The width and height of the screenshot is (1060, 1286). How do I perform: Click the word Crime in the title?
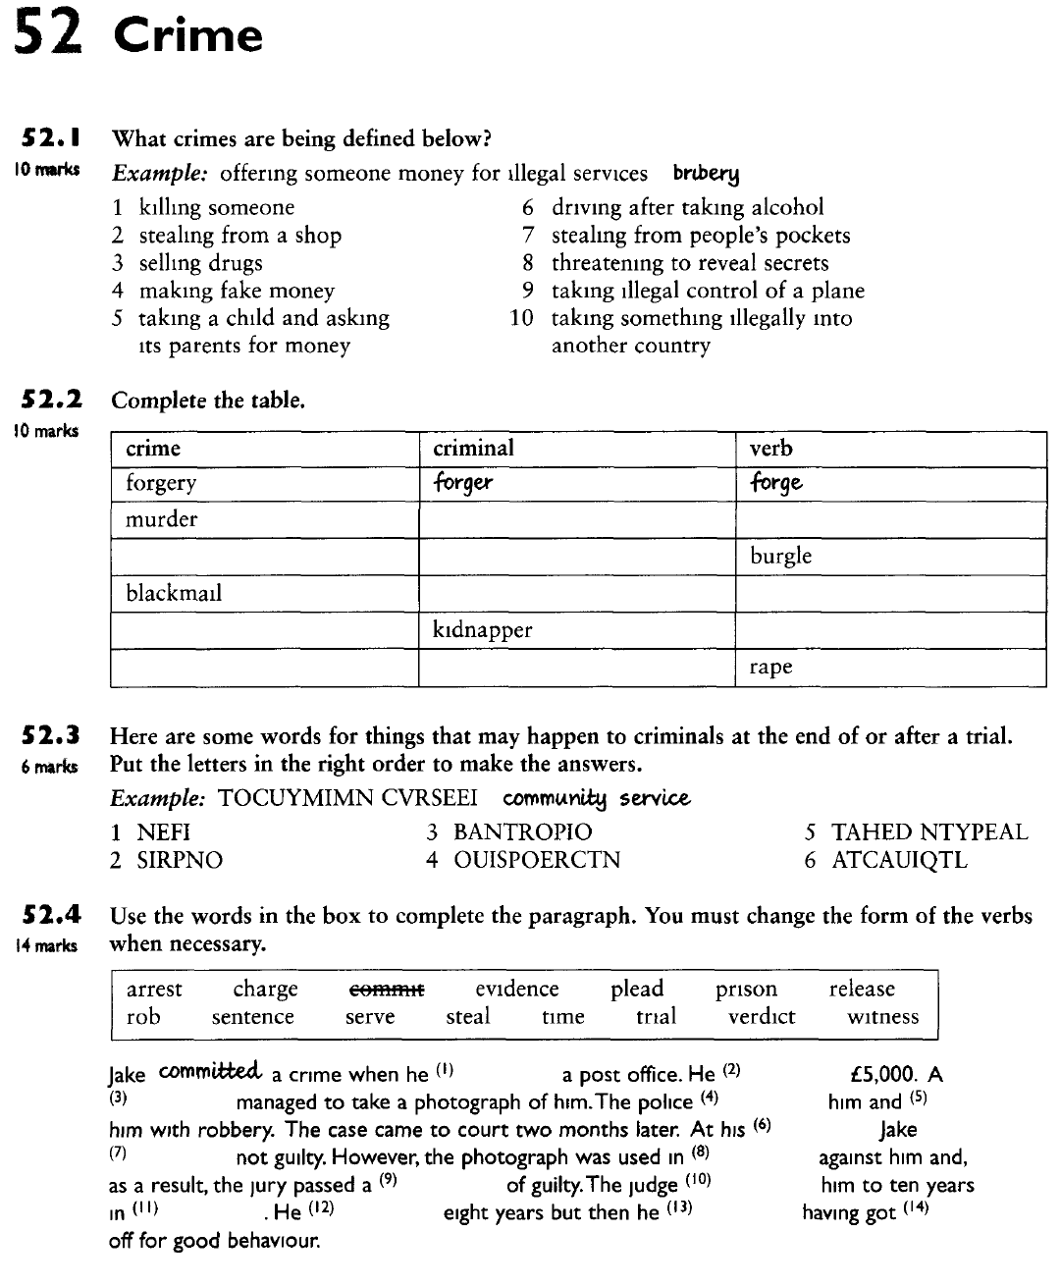point(188,35)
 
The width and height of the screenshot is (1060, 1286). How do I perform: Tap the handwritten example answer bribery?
point(706,174)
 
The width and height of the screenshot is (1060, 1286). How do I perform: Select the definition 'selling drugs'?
point(200,263)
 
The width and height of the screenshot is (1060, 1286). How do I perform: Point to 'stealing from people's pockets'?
point(700,236)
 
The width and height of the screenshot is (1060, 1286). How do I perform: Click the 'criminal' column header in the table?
point(473,449)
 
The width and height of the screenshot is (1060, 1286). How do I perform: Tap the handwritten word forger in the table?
point(462,483)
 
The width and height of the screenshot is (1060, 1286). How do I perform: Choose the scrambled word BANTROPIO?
point(522,832)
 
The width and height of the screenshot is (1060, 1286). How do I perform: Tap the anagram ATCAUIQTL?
point(899,860)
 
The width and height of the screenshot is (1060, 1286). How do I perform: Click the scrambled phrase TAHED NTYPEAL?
point(929,832)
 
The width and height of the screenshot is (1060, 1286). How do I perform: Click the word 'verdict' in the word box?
point(762,1017)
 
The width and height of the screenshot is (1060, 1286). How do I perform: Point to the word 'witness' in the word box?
point(883,1017)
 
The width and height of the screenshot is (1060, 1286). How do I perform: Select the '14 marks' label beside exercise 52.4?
point(44,945)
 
